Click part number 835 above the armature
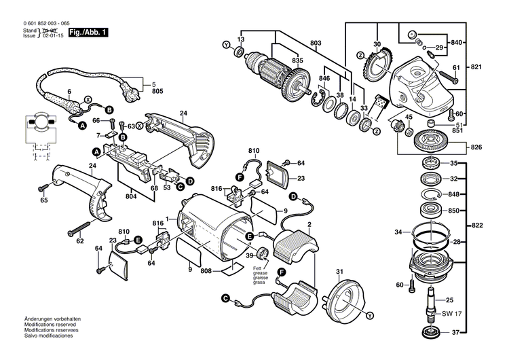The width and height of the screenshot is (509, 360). (x=298, y=61)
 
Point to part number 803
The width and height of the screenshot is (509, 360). (x=315, y=43)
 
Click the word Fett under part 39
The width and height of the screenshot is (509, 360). (x=260, y=267)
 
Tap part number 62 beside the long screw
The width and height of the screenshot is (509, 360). (x=80, y=240)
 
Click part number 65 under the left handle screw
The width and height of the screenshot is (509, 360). (x=44, y=200)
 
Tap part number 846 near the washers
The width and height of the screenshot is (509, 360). (x=324, y=79)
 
